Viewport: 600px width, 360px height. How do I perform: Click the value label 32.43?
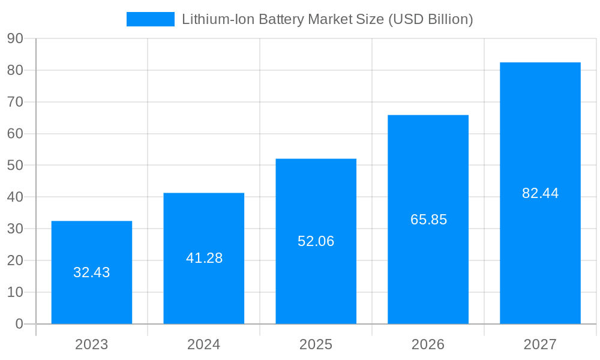(x=92, y=272)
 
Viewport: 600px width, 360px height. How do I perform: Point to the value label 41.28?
(x=204, y=258)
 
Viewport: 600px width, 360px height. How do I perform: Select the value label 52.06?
(x=316, y=241)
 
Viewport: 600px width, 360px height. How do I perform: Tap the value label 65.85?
(x=428, y=220)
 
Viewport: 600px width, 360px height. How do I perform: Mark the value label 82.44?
(x=540, y=193)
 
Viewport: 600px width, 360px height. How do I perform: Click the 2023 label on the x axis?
(x=92, y=344)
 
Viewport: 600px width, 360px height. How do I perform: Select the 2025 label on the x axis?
(x=316, y=344)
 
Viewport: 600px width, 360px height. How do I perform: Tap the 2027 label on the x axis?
(x=540, y=344)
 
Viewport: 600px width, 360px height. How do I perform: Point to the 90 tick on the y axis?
(x=15, y=38)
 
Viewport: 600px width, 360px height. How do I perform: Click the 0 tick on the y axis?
(x=19, y=324)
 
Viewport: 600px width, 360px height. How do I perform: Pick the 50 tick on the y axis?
(x=15, y=165)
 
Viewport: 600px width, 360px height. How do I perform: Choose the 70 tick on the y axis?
(x=15, y=102)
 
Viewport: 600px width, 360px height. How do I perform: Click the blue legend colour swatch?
(x=150, y=19)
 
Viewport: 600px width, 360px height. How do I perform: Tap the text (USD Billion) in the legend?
(x=431, y=19)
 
